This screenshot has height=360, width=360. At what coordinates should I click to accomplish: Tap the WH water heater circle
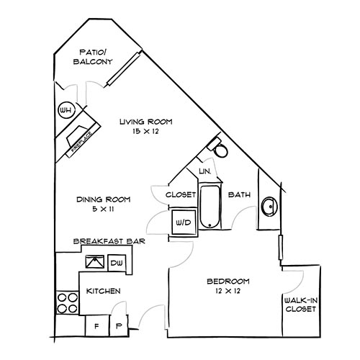pyautogui.click(x=66, y=110)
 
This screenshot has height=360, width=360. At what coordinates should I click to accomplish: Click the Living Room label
pyautogui.click(x=147, y=122)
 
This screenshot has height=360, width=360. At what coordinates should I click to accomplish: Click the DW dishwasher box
pyautogui.click(x=117, y=264)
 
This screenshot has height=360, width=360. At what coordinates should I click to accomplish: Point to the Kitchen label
pyautogui.click(x=103, y=292)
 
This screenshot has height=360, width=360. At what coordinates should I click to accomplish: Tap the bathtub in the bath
pyautogui.click(x=210, y=207)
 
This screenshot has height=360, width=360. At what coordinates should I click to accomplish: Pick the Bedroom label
pyautogui.click(x=228, y=280)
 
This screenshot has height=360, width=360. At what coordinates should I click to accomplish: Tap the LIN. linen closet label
pyautogui.click(x=204, y=171)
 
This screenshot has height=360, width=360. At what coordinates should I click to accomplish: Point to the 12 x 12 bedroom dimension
pyautogui.click(x=228, y=292)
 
